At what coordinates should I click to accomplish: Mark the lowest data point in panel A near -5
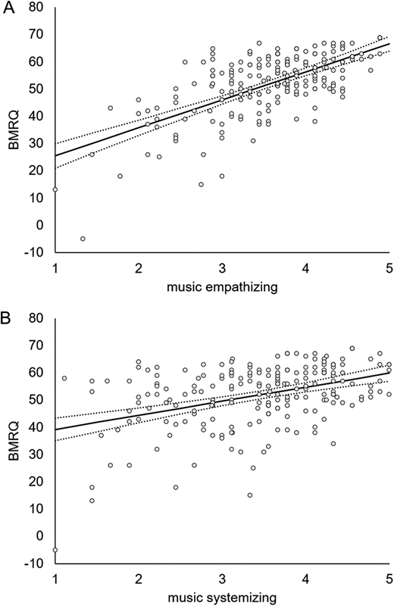pos(83,239)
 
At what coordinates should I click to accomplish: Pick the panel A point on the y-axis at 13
pos(55,189)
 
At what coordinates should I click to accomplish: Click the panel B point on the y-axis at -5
pos(55,550)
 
